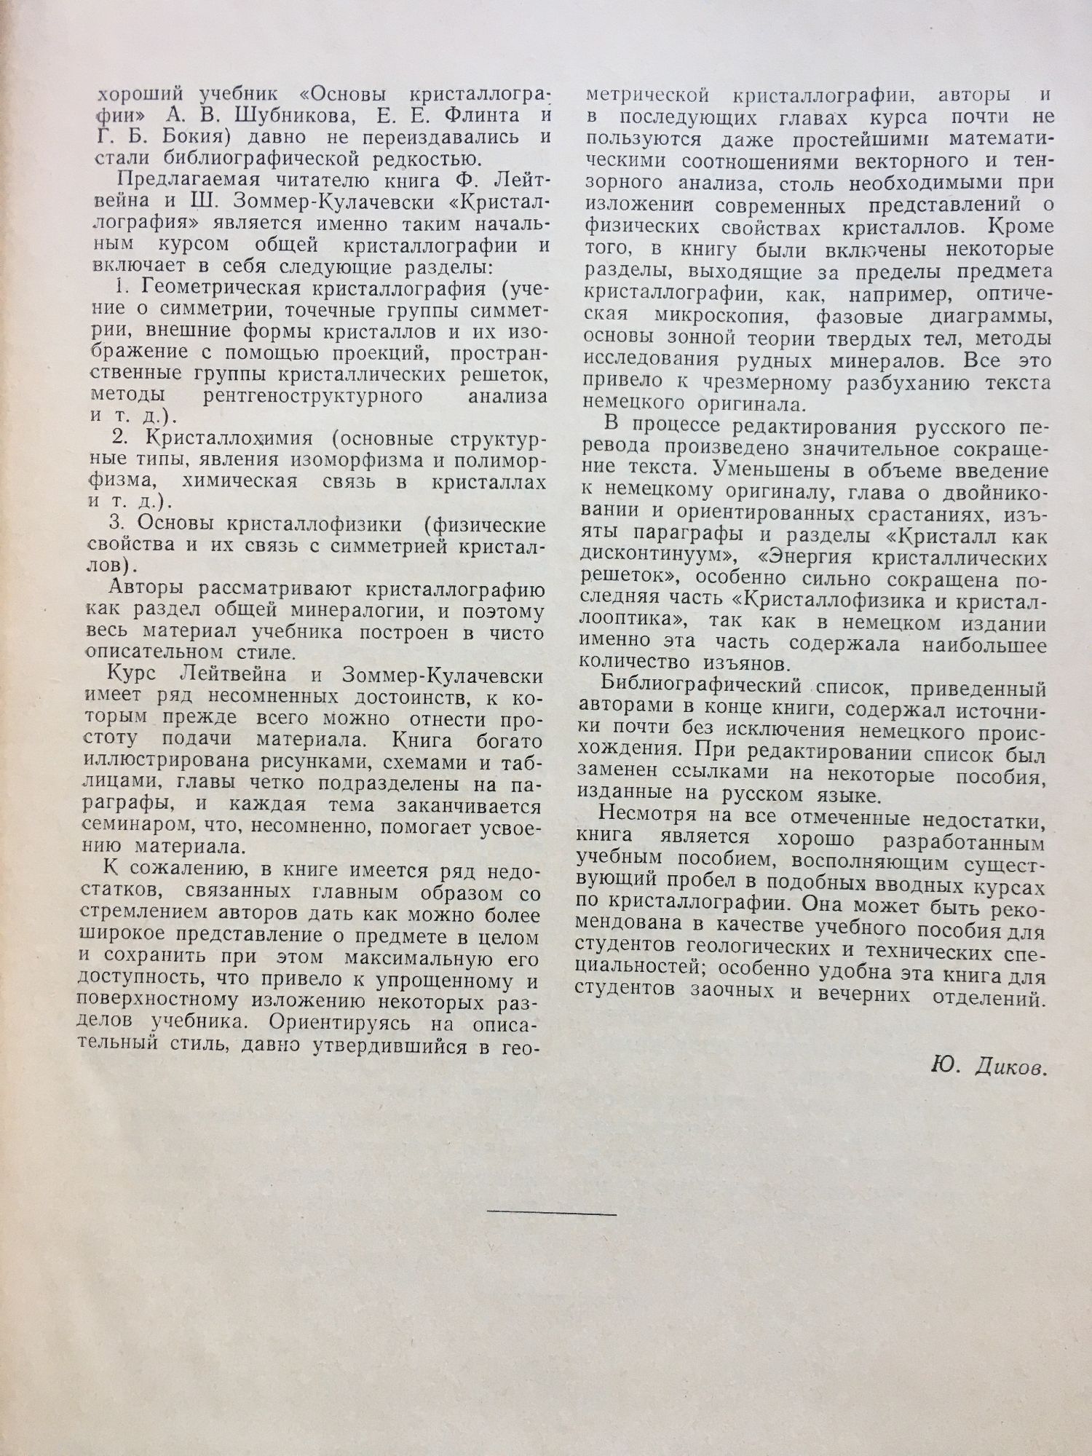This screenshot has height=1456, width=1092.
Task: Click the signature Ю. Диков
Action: (989, 1069)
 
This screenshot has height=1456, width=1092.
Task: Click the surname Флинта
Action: (473, 116)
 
